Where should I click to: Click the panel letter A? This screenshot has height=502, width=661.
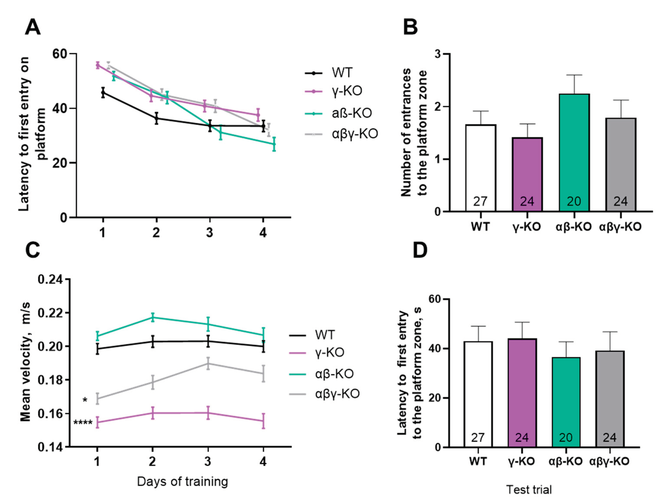tap(32, 28)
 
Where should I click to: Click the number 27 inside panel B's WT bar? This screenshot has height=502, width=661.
tap(480, 201)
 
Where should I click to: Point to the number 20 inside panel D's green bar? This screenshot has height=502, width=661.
tap(566, 438)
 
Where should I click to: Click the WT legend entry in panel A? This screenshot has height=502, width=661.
tap(342, 73)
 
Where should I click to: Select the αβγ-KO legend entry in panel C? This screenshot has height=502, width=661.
tap(337, 394)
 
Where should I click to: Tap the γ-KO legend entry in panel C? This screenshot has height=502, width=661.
tap(329, 353)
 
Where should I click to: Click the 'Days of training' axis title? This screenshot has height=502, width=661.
tap(182, 481)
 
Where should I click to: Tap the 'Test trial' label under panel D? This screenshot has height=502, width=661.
tap(529, 489)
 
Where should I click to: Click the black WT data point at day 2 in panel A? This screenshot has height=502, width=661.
tap(156, 118)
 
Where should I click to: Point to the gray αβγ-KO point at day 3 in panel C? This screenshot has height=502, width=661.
tap(208, 363)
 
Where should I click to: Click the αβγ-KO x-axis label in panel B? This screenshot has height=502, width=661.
tap(620, 227)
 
